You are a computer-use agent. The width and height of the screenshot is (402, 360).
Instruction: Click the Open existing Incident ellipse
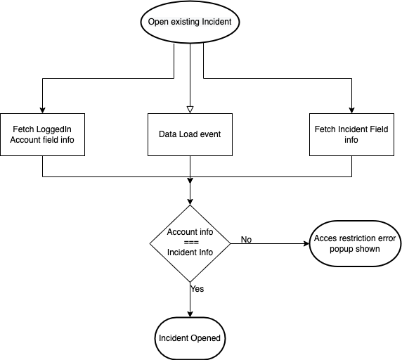(190, 22)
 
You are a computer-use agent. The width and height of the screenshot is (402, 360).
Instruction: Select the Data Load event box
(190, 134)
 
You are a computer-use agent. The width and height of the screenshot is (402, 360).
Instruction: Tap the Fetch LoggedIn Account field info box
(42, 134)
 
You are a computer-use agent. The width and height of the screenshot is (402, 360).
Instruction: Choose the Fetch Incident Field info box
(351, 134)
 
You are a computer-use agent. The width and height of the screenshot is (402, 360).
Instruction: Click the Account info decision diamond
(190, 243)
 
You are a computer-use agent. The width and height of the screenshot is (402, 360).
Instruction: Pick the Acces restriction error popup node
(355, 244)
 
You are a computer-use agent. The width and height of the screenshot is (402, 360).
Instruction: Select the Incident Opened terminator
(190, 338)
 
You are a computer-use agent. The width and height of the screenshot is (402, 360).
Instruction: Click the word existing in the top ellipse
(186, 22)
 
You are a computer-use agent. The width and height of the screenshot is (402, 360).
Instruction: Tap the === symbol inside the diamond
(190, 243)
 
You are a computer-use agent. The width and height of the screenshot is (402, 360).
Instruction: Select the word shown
(368, 249)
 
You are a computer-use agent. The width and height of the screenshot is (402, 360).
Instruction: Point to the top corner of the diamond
(190, 206)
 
